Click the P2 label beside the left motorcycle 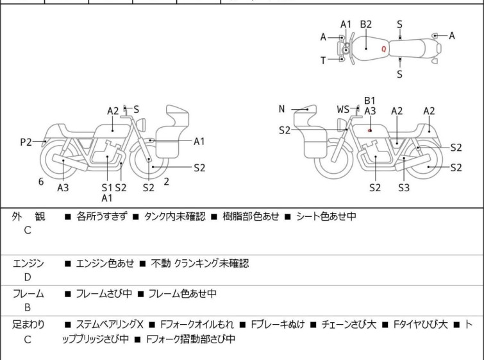pos(26,142)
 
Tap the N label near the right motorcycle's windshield pos(281,109)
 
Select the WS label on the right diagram pos(344,110)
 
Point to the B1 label pos(369,100)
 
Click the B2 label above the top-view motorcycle pos(365,24)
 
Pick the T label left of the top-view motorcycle pos(324,60)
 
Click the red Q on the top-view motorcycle pos(383,48)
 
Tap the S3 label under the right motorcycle pos(403,188)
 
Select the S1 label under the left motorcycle pos(106,187)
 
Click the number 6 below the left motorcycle pos(41,182)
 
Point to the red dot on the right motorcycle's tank pos(371,130)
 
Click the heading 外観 pos(28,217)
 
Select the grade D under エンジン pos(28,277)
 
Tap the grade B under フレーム pos(28,307)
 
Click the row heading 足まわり pos(28,325)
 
